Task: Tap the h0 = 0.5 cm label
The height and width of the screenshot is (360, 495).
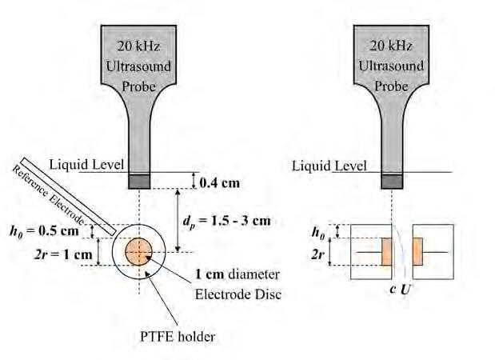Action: [47, 233]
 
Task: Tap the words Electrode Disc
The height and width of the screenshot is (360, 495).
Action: [238, 294]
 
